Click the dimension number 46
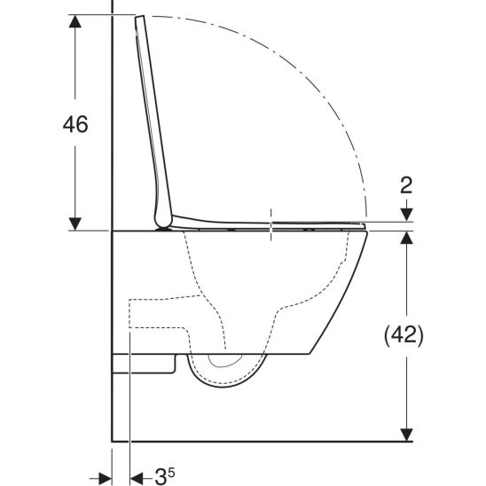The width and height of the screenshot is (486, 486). pyautogui.click(x=75, y=125)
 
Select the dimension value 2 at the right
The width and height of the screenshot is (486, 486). pyautogui.click(x=405, y=185)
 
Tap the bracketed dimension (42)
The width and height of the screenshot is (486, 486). pyautogui.click(x=404, y=335)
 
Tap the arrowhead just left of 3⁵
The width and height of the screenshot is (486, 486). pyautogui.click(x=137, y=476)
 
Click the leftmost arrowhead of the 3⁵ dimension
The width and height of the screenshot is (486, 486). pyautogui.click(x=104, y=476)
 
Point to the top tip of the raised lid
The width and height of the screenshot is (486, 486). pyautogui.click(x=140, y=18)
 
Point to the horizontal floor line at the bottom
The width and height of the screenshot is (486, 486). pyautogui.click(x=257, y=440)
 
